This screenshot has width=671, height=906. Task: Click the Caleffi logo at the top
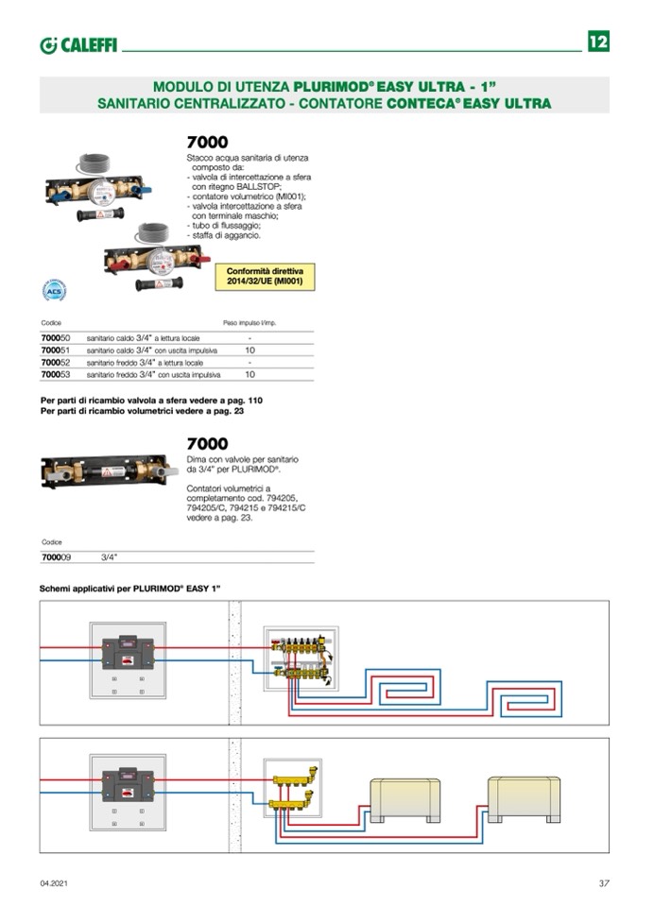[78, 45]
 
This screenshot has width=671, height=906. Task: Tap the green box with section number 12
[597, 43]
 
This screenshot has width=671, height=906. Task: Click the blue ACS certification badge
[55, 290]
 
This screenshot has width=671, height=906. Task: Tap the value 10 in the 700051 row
[249, 350]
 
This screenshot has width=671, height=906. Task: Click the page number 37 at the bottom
[603, 883]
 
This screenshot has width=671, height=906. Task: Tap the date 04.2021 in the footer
[54, 883]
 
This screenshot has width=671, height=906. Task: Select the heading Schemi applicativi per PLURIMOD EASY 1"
[129, 588]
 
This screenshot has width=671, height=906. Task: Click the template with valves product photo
[109, 470]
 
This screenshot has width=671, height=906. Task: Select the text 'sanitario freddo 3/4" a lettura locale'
[145, 362]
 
